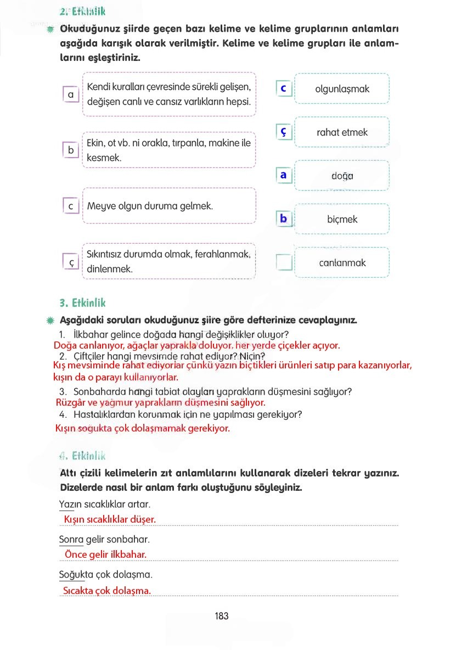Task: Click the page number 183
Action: [x=222, y=616]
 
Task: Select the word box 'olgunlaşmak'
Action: [x=342, y=89]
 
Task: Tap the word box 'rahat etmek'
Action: [x=342, y=132]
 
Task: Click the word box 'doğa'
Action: [x=342, y=176]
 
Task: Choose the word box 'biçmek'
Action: [x=342, y=219]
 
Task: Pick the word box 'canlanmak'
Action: [x=342, y=262]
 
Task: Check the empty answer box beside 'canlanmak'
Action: [x=284, y=262]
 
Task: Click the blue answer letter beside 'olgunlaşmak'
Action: [x=284, y=88]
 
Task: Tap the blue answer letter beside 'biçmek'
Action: [x=284, y=218]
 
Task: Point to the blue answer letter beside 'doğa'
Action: [x=284, y=175]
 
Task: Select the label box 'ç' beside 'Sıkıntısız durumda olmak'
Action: [x=71, y=262]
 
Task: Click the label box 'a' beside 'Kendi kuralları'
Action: [x=71, y=94]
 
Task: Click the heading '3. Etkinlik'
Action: [x=82, y=303]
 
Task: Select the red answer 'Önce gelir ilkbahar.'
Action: [x=105, y=554]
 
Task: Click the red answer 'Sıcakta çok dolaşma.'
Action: [x=106, y=591]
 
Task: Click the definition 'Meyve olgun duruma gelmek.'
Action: [x=150, y=206]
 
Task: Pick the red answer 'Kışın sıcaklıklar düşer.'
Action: [x=110, y=519]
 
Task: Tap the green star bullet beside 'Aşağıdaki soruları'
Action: [x=50, y=320]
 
